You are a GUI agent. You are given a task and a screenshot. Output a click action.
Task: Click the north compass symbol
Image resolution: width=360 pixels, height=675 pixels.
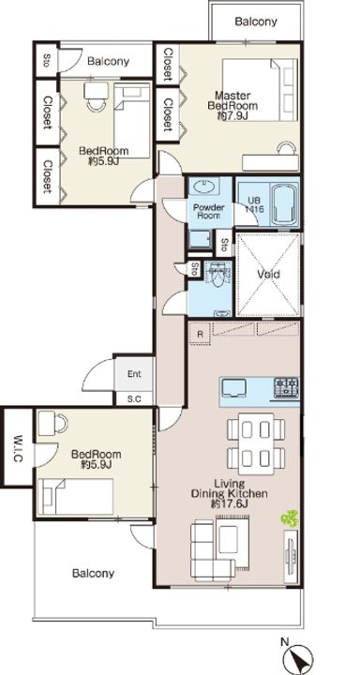(298, 657)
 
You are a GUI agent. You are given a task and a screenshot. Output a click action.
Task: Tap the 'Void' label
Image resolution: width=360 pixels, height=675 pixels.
(268, 274)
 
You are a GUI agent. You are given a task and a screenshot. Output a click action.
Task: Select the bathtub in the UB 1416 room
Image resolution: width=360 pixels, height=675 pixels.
(284, 203)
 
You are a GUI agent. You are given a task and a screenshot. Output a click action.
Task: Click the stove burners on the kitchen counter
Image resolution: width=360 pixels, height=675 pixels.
(286, 386)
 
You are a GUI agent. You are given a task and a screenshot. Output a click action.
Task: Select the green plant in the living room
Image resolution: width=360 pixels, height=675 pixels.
(290, 518)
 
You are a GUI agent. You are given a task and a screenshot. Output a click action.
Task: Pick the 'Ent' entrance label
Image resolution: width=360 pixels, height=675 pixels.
(134, 374)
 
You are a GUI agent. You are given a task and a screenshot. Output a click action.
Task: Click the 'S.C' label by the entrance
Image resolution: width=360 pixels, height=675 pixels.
(134, 399)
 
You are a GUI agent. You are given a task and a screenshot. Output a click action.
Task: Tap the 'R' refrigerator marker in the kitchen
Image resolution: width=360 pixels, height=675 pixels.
(201, 334)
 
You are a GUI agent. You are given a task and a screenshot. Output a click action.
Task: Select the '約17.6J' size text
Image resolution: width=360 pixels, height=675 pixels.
(229, 504)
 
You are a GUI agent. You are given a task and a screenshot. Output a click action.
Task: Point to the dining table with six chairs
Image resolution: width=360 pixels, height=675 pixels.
(256, 442)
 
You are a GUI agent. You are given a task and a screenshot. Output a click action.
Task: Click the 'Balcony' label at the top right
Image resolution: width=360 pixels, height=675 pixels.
(256, 22)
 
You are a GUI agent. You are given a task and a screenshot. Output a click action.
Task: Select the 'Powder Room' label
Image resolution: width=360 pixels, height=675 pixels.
(209, 211)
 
